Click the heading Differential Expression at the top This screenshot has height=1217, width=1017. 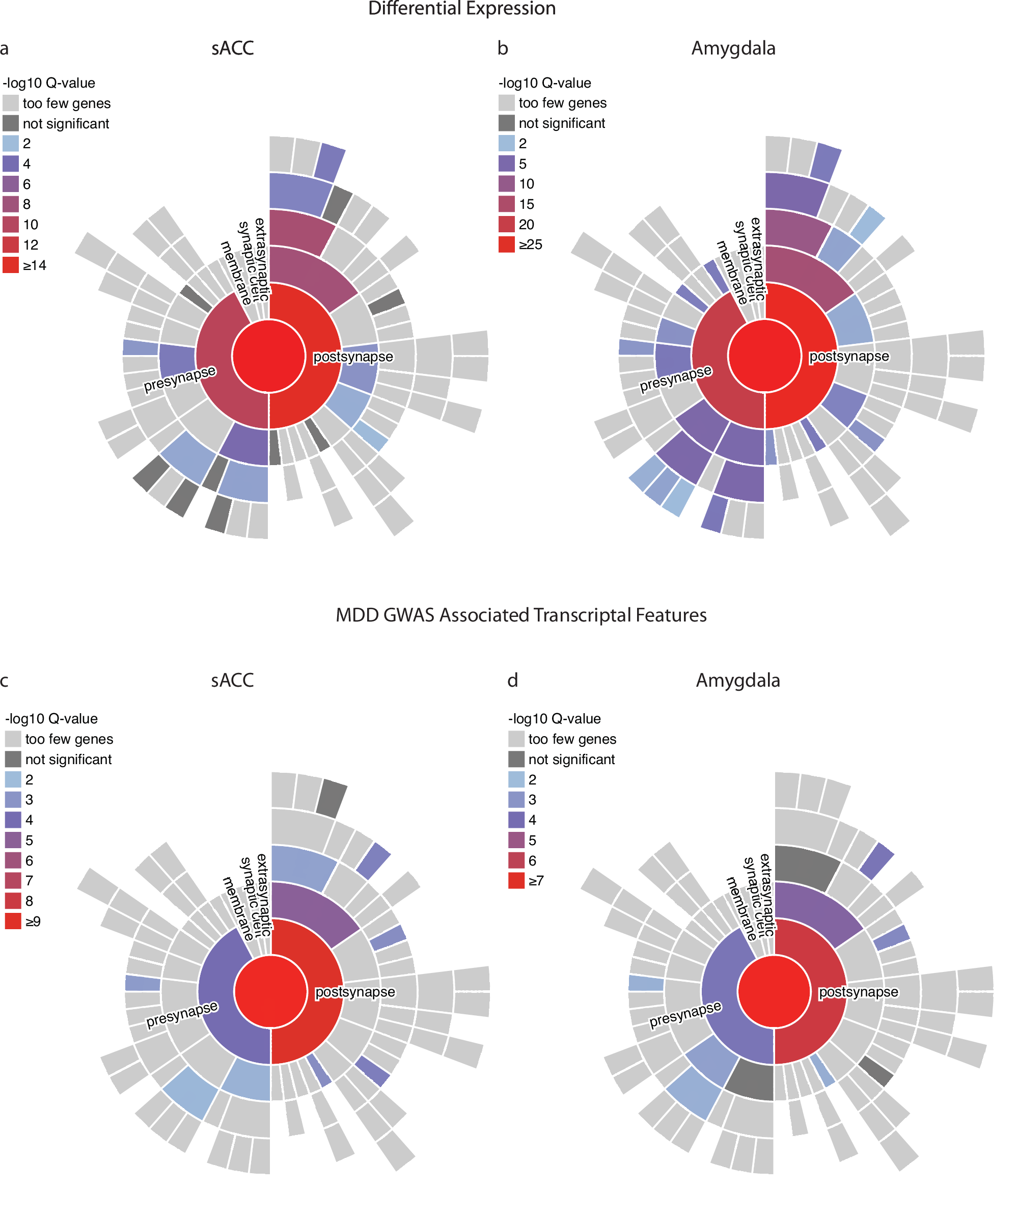[x=461, y=9]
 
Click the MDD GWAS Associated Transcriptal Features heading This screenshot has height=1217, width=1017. [x=520, y=615]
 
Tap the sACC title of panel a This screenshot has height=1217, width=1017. [x=232, y=48]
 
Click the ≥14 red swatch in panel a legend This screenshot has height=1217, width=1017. [x=10, y=265]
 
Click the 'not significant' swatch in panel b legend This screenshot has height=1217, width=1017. [x=507, y=123]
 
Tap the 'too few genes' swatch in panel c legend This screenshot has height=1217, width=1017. [x=13, y=739]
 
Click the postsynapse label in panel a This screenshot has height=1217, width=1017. [x=353, y=357]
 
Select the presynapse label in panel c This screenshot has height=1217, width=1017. [x=181, y=1014]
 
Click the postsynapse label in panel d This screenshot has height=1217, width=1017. [x=858, y=992]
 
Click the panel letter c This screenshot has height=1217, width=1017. [x=4, y=681]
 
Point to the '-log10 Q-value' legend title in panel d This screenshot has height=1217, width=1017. [x=554, y=719]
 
